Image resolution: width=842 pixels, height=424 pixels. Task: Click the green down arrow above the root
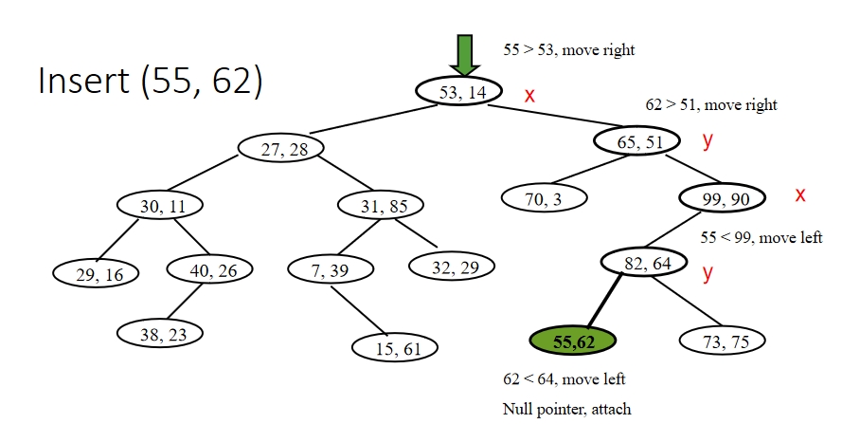(x=464, y=55)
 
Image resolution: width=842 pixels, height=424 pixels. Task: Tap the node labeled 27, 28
(x=279, y=148)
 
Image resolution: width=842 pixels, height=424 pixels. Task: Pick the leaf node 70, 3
(x=544, y=198)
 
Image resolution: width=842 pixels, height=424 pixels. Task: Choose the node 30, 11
(x=161, y=204)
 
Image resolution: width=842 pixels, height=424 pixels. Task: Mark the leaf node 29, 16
(x=96, y=273)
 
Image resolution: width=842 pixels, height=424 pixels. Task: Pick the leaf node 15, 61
(x=396, y=348)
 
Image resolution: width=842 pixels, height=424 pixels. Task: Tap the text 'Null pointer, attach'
(x=566, y=408)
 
